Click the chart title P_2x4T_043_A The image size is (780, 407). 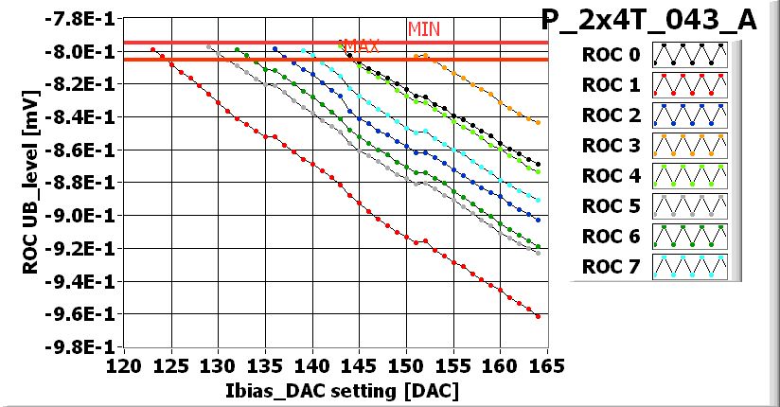tap(648, 20)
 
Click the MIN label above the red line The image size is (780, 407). tap(424, 28)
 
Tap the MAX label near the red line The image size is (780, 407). tap(360, 45)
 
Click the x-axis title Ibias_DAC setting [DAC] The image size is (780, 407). tap(335, 391)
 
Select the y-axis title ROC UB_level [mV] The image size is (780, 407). tap(30, 185)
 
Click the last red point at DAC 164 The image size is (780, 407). tap(538, 316)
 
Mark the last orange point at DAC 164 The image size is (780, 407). tap(538, 123)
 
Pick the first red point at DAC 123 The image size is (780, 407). tap(152, 50)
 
